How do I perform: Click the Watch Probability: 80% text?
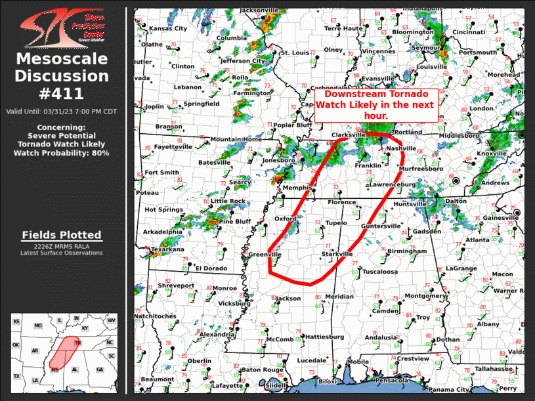62,153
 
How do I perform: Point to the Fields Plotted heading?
62,235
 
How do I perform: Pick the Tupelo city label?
336,223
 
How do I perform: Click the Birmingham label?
407,251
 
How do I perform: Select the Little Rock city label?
228,201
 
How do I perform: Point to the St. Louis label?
294,53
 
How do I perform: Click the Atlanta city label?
477,240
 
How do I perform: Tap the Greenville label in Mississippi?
265,255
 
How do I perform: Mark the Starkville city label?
337,254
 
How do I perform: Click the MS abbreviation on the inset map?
55,371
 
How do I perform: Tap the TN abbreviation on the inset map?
77,343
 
